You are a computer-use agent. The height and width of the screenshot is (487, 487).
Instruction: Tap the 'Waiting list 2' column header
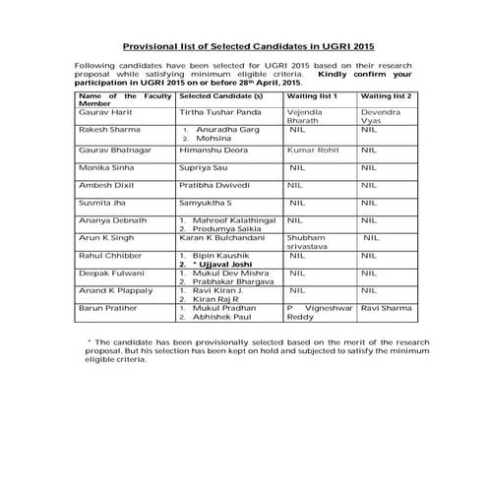(x=386, y=97)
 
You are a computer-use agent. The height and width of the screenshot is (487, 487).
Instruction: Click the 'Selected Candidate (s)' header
(x=222, y=97)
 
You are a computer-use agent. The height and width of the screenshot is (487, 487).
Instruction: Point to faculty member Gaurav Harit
(x=104, y=113)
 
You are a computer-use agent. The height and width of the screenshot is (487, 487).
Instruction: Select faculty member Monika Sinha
(x=105, y=170)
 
